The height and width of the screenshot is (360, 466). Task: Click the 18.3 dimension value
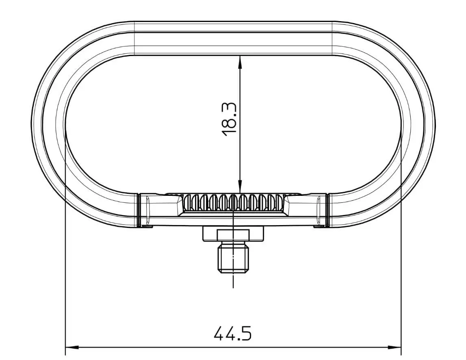pos(229,119)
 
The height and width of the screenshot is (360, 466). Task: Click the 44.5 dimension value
pos(233,333)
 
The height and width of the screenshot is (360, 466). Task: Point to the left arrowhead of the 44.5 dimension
pos(72,347)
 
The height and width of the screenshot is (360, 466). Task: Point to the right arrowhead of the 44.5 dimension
pos(394,347)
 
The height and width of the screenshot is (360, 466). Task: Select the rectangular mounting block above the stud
pos(233,234)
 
